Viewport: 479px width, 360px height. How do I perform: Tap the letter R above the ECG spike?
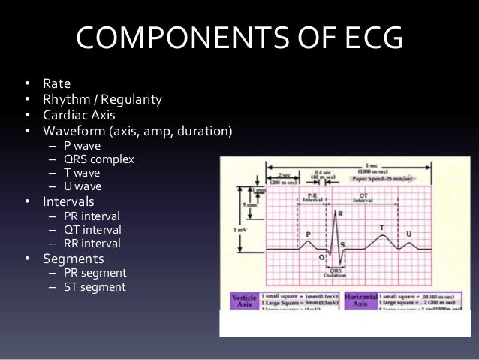click(x=340, y=214)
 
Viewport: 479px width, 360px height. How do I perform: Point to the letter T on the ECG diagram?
click(x=382, y=227)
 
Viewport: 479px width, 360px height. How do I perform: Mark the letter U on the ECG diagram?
click(x=409, y=234)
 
